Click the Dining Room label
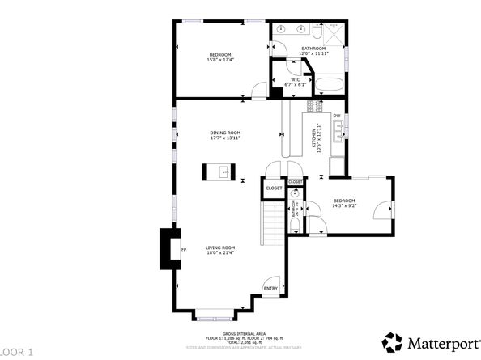225,133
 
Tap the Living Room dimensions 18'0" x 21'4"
219,253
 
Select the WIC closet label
296,79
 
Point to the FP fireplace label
185,250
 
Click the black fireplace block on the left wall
171,248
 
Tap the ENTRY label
270,287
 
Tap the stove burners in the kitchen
316,105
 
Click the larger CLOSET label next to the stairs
274,188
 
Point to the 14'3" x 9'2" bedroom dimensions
343,205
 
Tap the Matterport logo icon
392,341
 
